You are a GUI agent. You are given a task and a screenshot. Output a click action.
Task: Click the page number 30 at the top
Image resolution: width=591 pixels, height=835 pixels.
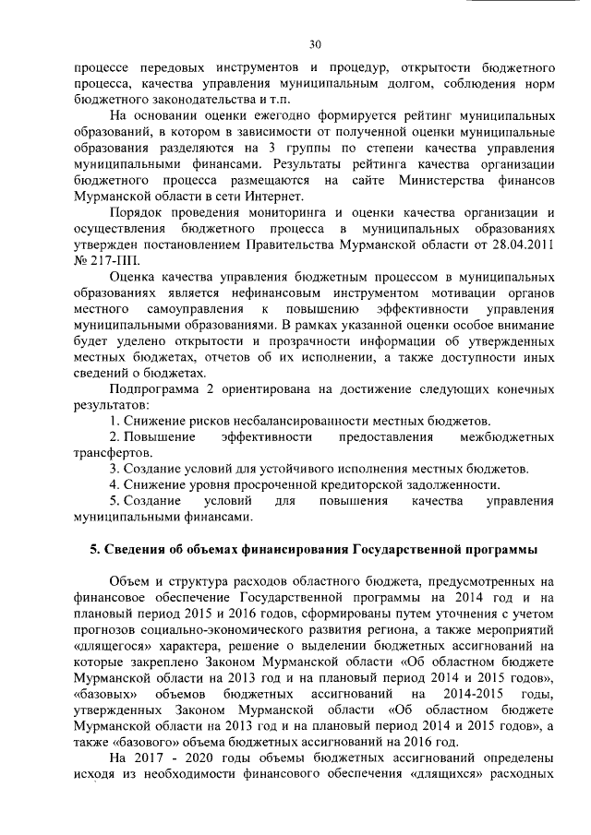point(315,43)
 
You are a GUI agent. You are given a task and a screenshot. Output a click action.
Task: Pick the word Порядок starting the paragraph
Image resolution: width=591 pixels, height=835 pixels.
point(134,212)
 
